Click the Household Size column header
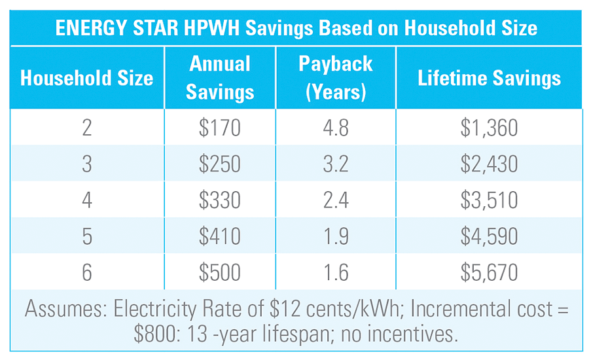coord(86,79)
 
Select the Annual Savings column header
coord(220,78)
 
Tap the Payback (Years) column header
coord(335,78)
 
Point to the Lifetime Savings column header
coord(489,79)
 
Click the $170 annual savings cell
coord(220,127)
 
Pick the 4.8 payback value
coord(335,127)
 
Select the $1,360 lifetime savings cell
coord(489,127)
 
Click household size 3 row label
coord(86,163)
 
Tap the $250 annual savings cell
coord(220,163)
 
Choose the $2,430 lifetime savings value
coord(489,163)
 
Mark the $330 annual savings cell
coord(220,199)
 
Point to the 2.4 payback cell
coord(335,199)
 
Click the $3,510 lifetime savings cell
coord(489,199)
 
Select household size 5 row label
coord(86,235)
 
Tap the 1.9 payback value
coord(335,235)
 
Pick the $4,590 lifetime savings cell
coord(489,235)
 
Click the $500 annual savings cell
coord(220,271)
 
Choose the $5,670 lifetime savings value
coord(489,271)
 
